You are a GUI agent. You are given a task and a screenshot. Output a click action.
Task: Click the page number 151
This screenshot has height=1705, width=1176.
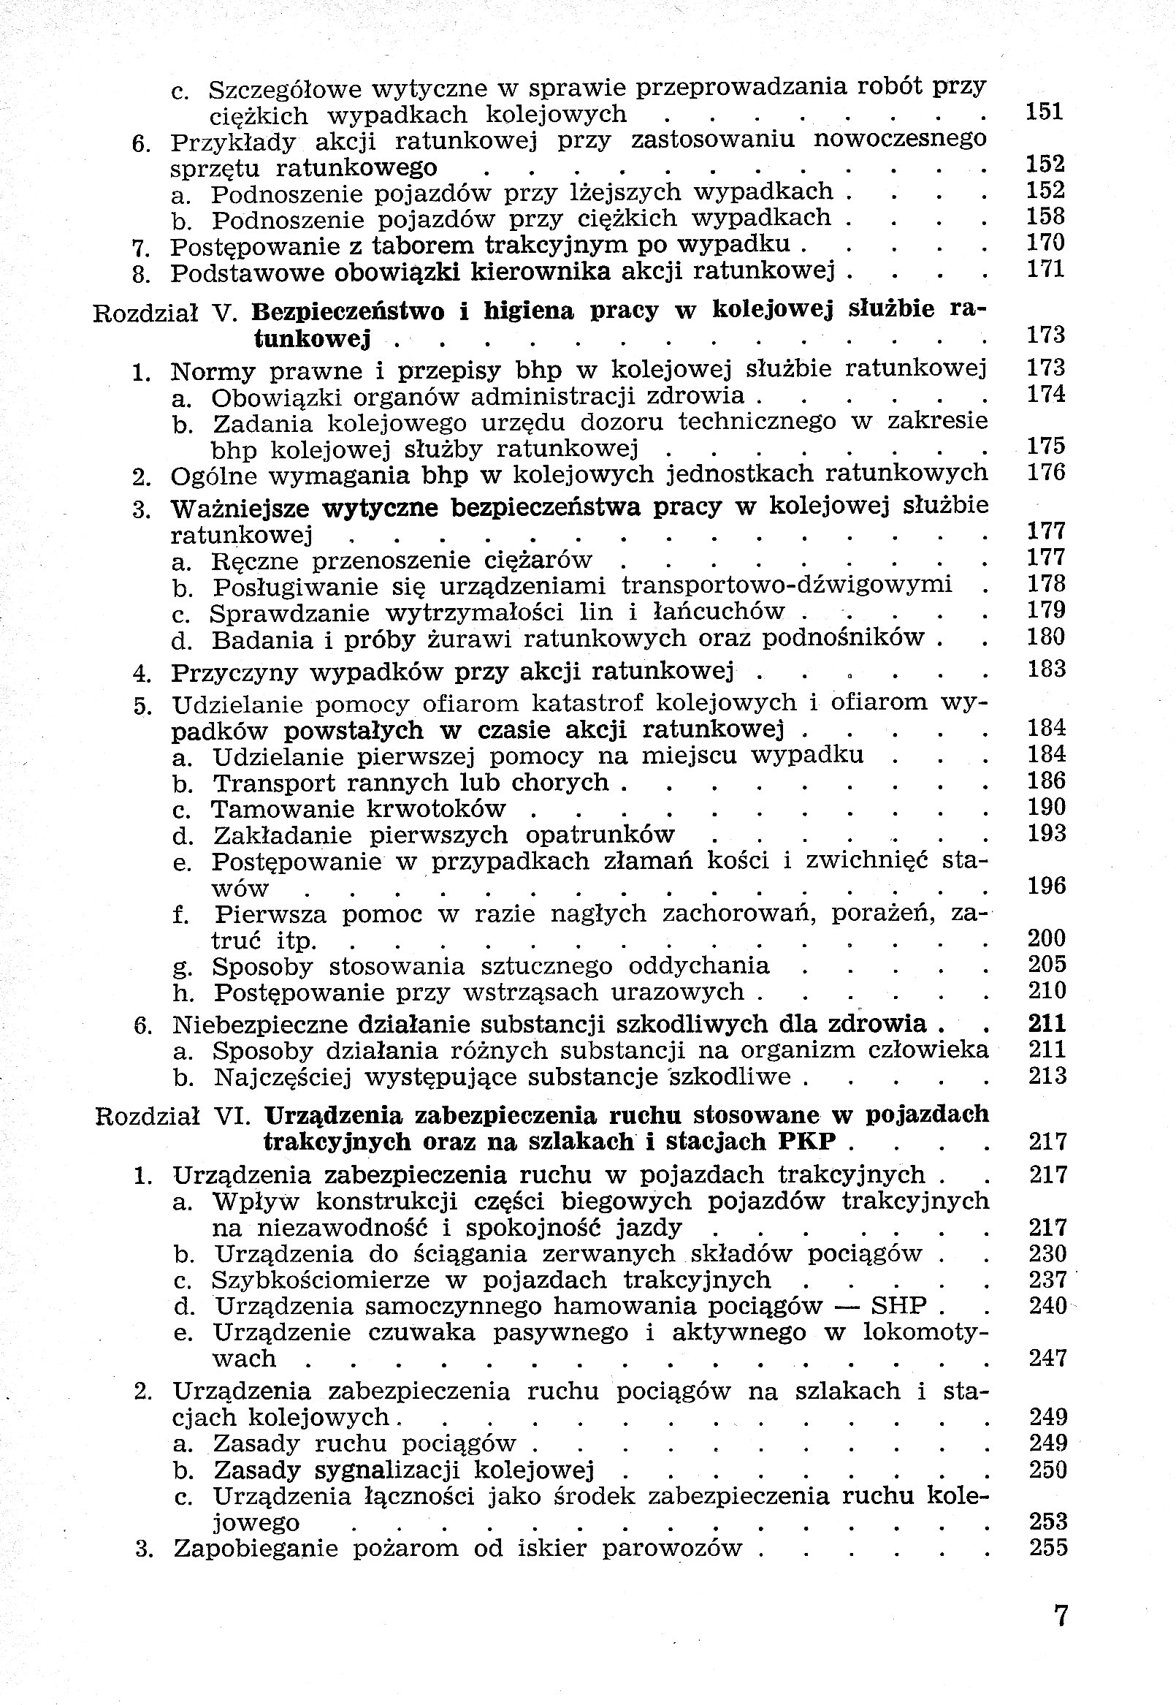(1045, 111)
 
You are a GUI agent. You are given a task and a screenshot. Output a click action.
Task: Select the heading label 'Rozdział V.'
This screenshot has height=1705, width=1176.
(164, 314)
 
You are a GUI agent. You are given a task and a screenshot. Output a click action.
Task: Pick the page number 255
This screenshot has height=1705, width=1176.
(1047, 1547)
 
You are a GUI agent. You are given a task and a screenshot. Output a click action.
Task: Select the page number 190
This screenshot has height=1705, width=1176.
(1047, 806)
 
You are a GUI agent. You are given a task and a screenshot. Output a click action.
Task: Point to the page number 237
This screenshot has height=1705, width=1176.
(1047, 1279)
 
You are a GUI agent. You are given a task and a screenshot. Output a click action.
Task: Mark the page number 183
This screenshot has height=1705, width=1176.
(1046, 669)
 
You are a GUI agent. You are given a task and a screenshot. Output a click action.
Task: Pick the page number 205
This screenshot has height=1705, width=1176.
(1047, 964)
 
